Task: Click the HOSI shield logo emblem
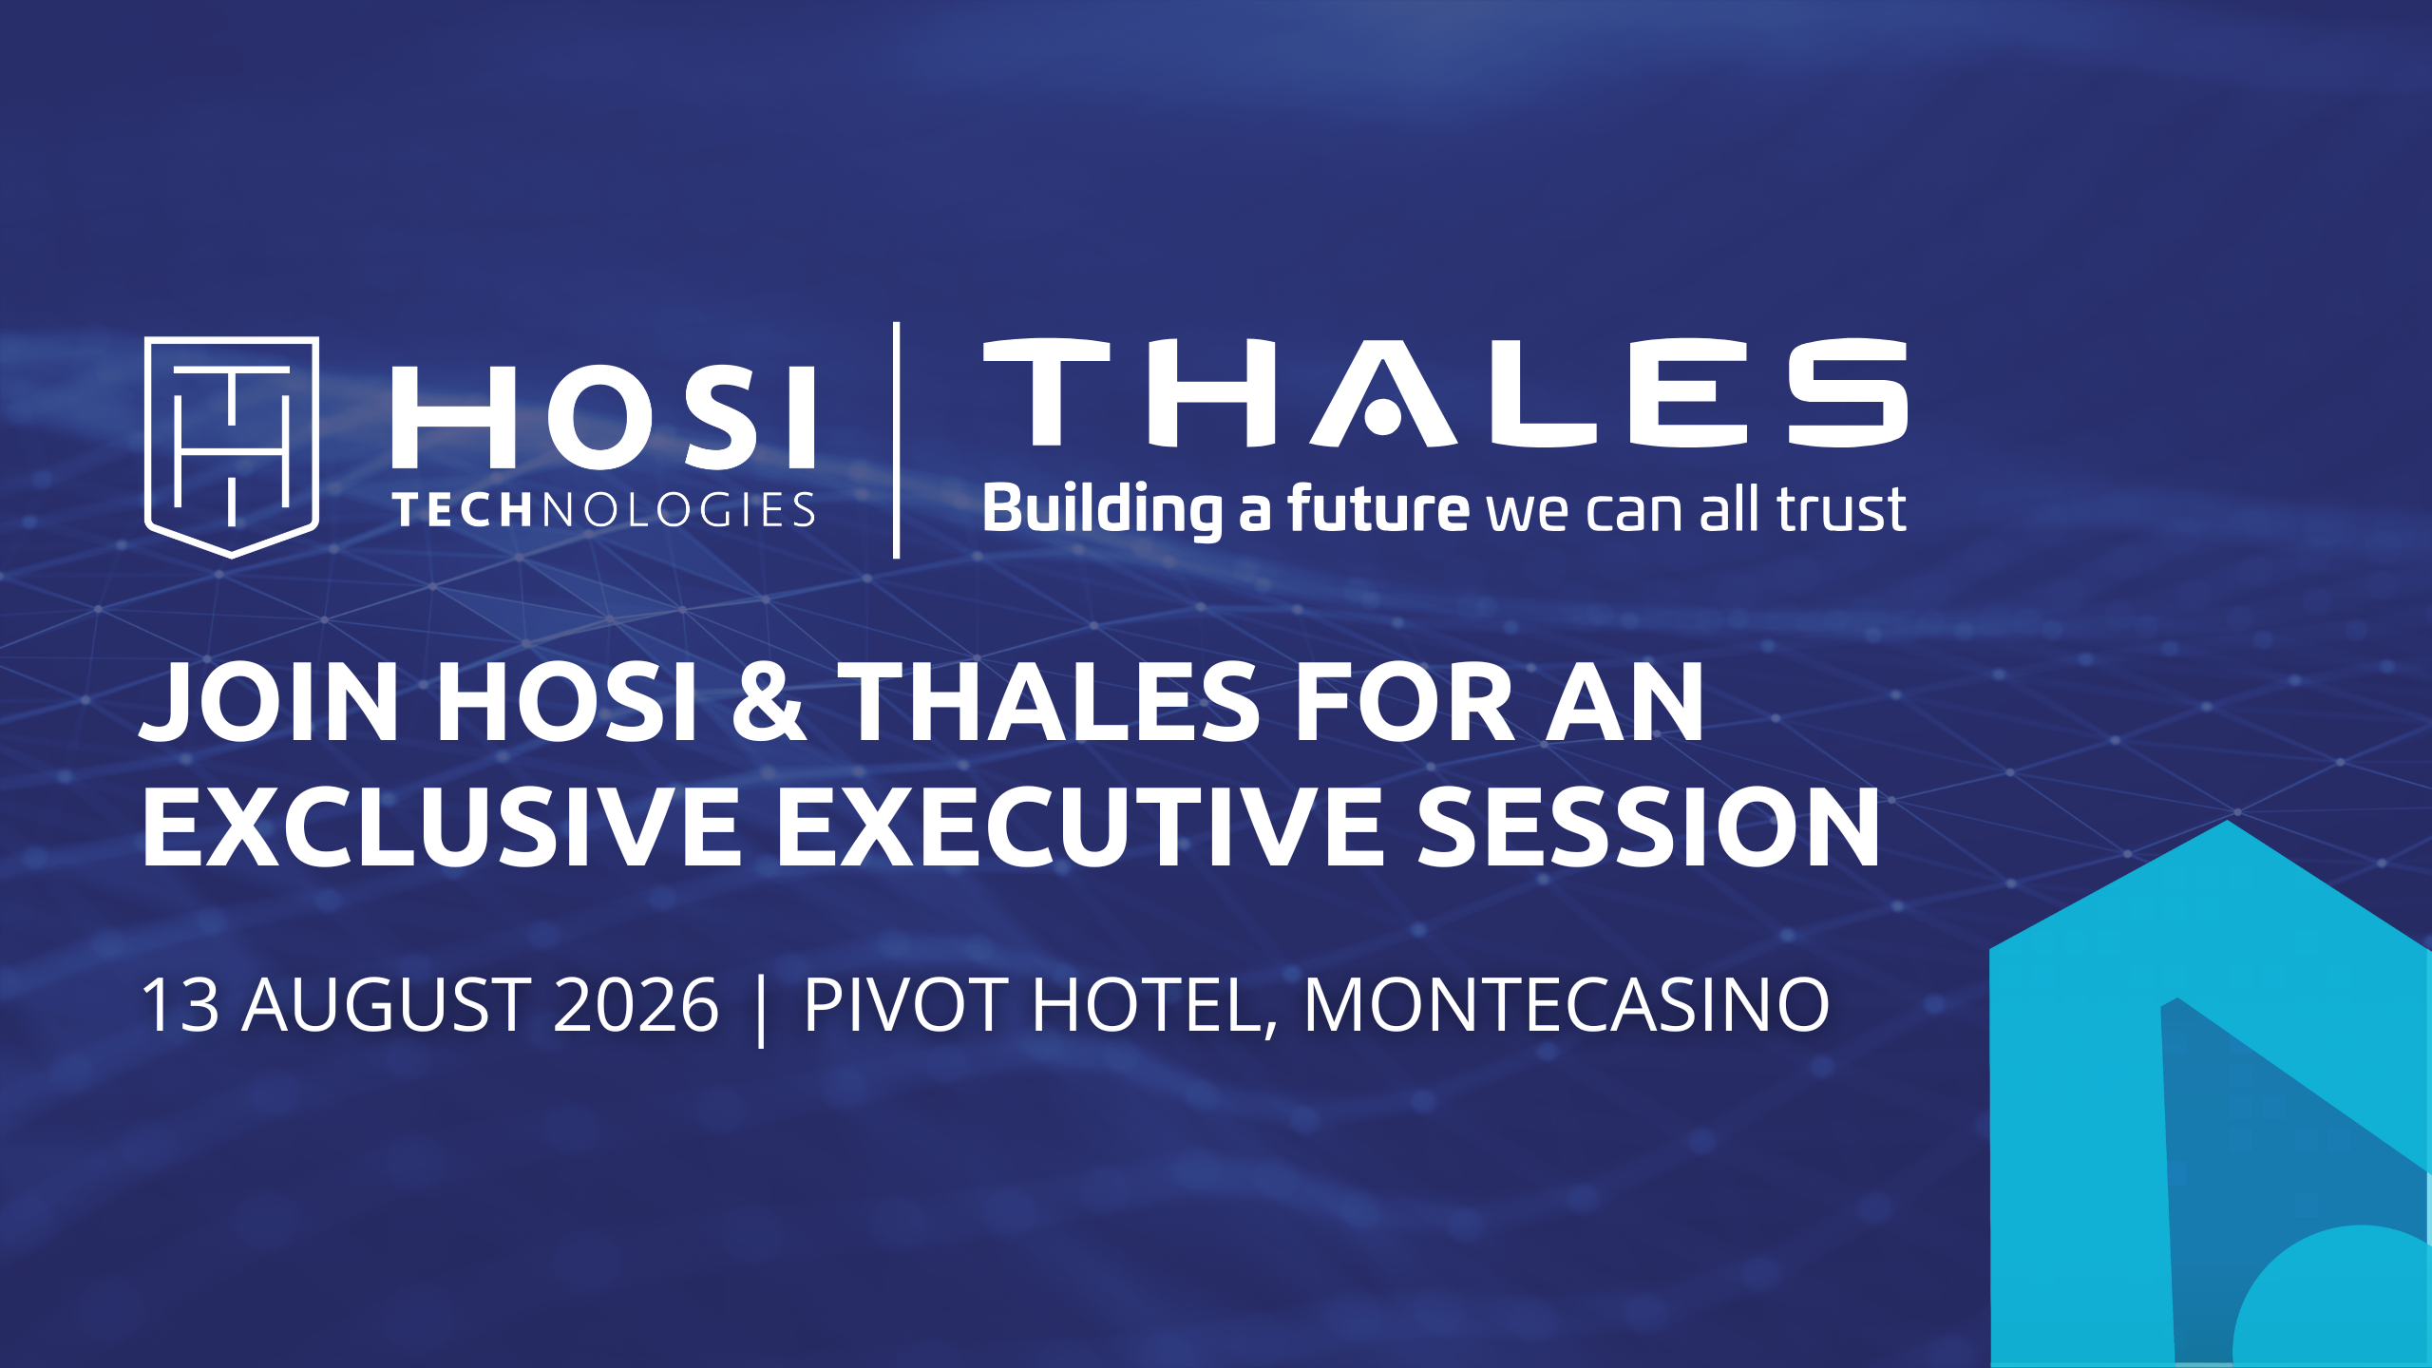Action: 232,446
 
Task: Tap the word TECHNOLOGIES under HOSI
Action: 605,510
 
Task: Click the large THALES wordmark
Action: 1445,392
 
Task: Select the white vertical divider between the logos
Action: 896,440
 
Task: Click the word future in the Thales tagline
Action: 1378,507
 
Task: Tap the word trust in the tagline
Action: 1841,509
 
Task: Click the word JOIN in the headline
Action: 270,703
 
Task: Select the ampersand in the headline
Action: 769,703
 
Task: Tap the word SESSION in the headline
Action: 1649,826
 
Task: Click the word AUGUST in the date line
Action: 387,1004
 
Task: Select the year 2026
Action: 636,1004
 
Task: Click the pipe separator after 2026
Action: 762,1008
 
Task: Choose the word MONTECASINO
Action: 1566,1004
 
